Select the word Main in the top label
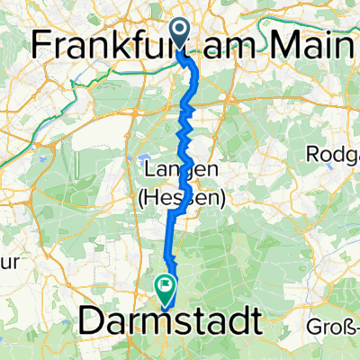coord(313,41)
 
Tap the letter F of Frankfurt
coord(42,41)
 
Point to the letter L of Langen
coord(149,169)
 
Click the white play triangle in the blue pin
coord(179,33)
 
